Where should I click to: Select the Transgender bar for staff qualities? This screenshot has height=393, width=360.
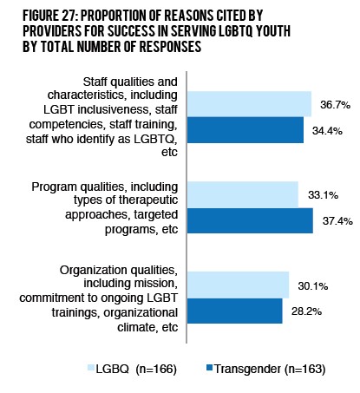pyautogui.click(x=246, y=130)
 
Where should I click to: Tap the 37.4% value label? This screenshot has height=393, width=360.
pyautogui.click(x=333, y=221)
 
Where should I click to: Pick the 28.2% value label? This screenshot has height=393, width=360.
pyautogui.click(x=304, y=311)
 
